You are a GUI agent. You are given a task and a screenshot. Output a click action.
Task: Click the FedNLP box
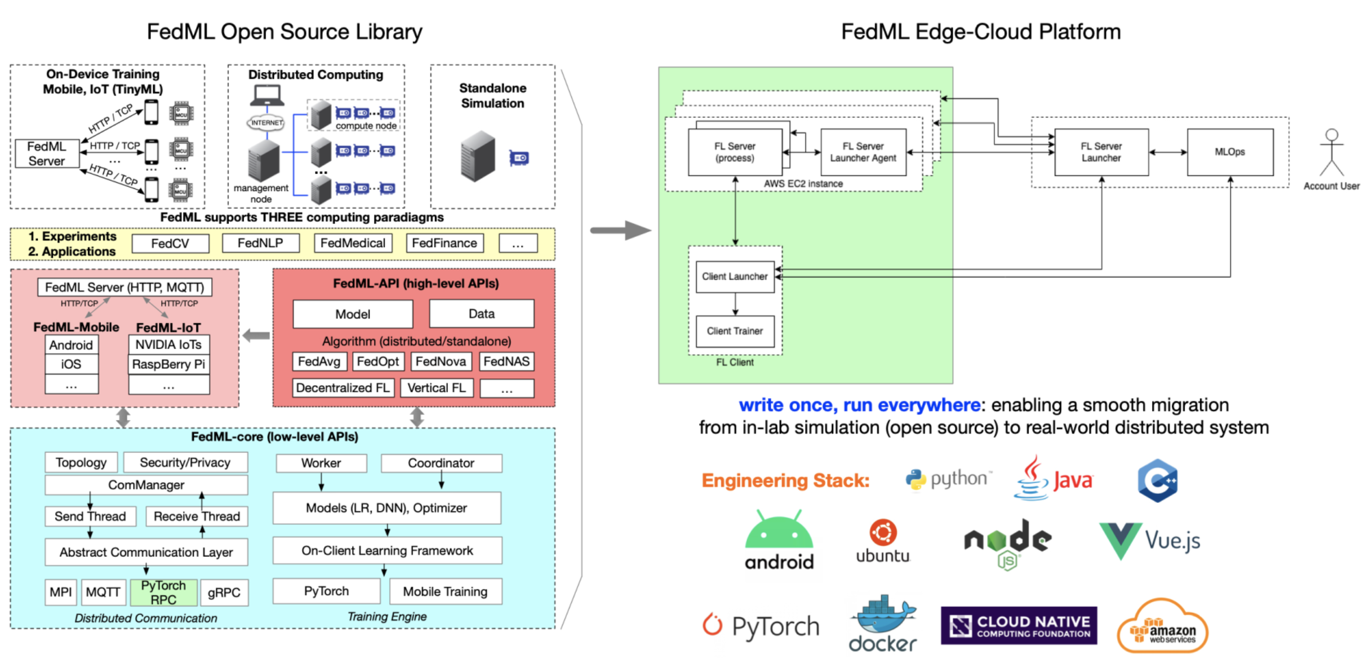tap(260, 243)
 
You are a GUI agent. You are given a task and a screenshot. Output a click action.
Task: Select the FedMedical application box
tap(353, 243)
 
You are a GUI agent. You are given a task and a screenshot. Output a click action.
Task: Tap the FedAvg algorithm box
tap(319, 361)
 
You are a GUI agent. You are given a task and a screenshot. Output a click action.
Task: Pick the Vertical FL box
tap(437, 388)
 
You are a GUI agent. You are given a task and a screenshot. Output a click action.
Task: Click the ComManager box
tap(146, 485)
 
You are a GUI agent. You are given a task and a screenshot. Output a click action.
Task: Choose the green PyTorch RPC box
tap(163, 593)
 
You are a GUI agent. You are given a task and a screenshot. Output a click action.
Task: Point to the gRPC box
tap(224, 593)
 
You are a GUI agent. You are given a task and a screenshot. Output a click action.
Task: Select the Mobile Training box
tap(445, 591)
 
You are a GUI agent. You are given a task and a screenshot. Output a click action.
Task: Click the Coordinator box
tap(441, 463)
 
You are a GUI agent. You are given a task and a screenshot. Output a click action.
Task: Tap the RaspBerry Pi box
tap(168, 364)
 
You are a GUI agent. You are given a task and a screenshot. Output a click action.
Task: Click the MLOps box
tap(1230, 152)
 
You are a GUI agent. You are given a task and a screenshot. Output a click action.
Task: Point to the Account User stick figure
tap(1331, 153)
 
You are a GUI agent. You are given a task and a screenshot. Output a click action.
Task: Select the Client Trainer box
tap(735, 331)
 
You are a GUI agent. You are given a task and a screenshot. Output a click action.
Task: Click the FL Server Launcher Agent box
tap(863, 152)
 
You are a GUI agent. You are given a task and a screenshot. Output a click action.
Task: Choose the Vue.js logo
tap(1150, 540)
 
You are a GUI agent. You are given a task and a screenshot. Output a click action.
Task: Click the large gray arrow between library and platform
tap(620, 230)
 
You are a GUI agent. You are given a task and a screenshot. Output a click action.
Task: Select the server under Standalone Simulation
tap(478, 156)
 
